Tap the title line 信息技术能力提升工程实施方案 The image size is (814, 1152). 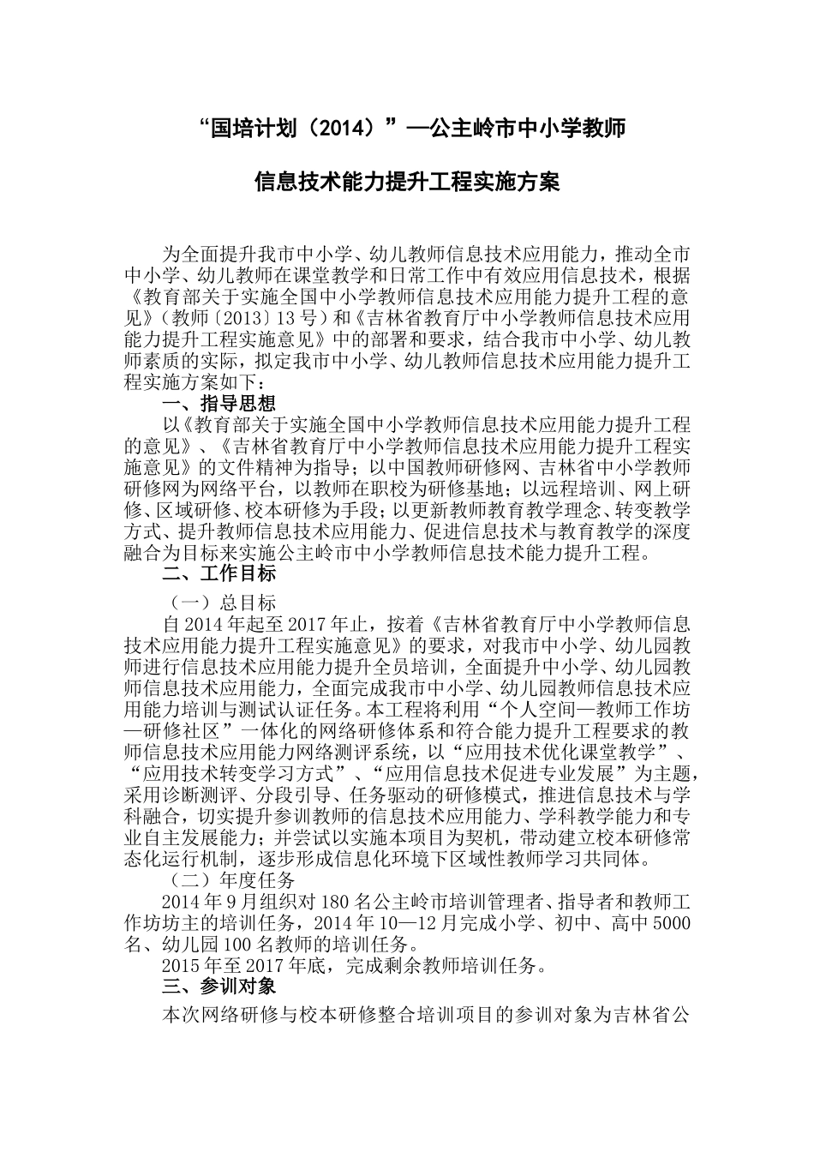point(407,183)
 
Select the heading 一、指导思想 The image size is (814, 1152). point(218,404)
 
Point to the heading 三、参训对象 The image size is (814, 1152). point(218,987)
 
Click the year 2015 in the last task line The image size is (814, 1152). point(182,967)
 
